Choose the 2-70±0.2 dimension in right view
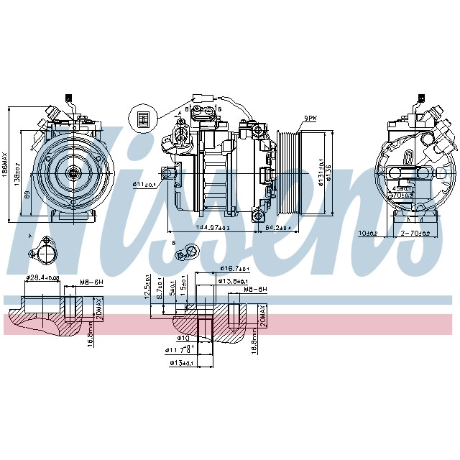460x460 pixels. tap(415, 234)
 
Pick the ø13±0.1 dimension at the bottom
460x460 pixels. tap(181, 362)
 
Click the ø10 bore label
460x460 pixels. tap(183, 337)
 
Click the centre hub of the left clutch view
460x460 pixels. tap(73, 172)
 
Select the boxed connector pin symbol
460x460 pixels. tap(142, 118)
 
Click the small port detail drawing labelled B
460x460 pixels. tap(190, 250)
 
